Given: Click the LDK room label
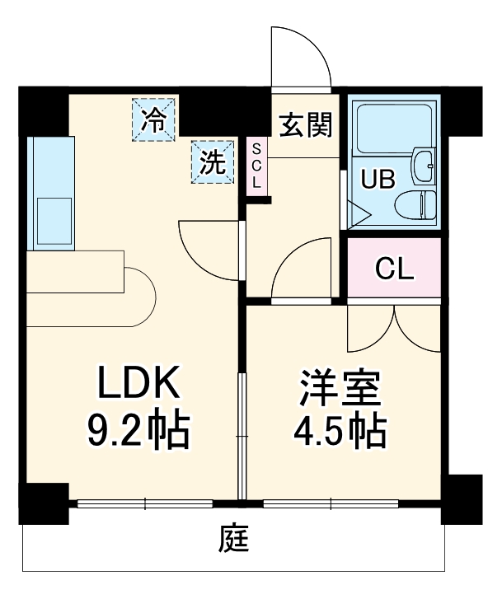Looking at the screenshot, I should point(138,384).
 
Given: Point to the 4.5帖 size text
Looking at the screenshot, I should point(338,430).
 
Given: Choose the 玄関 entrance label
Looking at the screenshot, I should point(305,125).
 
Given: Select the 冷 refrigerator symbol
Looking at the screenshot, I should point(154,120).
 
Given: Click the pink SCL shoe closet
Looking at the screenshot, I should point(256,166).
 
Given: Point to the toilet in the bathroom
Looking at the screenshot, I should point(415,204).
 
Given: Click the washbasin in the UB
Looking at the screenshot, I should point(425,164).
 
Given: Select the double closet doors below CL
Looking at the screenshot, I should point(394,328).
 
